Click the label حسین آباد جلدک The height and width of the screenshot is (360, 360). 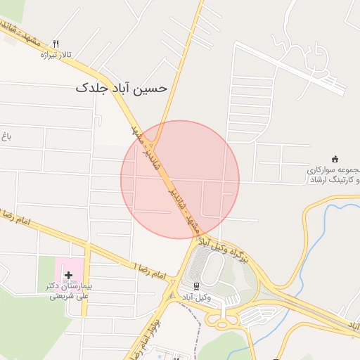[121, 88]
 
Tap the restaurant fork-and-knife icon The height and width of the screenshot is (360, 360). [65, 43]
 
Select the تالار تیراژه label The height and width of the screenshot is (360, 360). [57, 54]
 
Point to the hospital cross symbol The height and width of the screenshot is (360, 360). [68, 275]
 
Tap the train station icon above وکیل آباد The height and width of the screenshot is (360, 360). [195, 286]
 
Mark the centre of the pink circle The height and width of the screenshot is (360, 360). [180, 179]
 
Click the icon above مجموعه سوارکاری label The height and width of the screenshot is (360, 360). [335, 159]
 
